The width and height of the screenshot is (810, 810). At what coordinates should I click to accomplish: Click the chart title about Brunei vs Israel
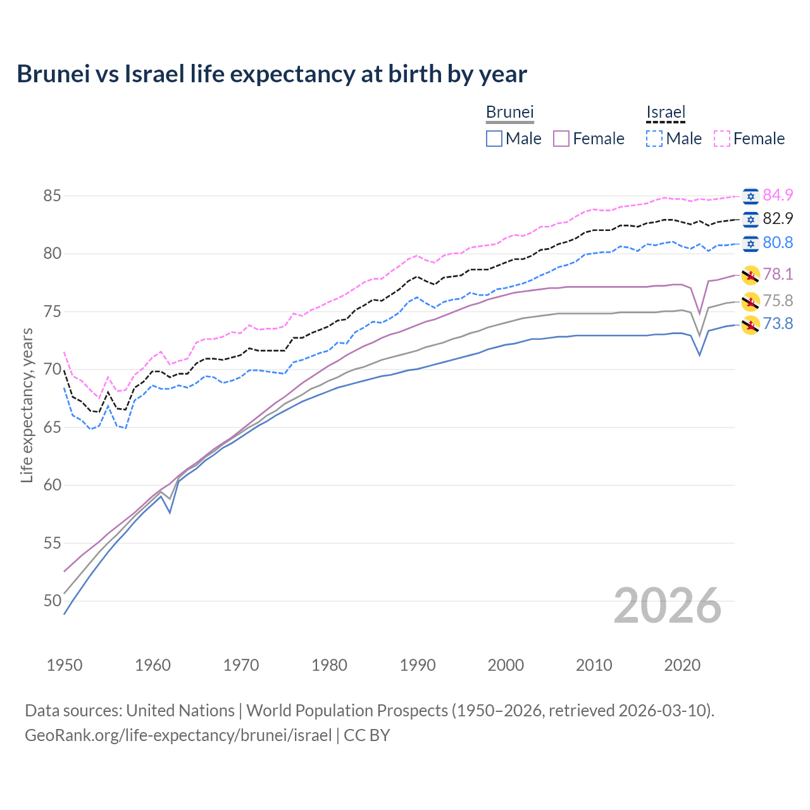click(x=271, y=74)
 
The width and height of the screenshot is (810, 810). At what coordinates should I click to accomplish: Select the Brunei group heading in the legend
click(x=509, y=112)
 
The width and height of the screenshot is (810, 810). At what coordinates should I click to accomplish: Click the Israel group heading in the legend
click(x=666, y=112)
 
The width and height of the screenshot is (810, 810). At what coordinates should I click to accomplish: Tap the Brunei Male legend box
click(x=494, y=139)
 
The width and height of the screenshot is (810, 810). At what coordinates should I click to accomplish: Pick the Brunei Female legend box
click(x=561, y=139)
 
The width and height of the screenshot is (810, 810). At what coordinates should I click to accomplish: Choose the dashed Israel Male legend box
click(x=654, y=139)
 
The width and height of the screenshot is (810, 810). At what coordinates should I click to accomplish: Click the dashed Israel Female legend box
click(x=721, y=139)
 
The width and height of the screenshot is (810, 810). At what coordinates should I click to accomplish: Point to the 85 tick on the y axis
click(x=52, y=196)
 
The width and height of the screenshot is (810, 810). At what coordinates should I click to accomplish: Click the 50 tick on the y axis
click(x=52, y=601)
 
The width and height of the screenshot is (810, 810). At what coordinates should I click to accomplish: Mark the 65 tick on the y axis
click(x=52, y=427)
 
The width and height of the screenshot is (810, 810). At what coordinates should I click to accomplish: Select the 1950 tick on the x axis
click(x=65, y=665)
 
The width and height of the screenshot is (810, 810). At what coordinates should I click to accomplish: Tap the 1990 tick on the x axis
click(x=418, y=665)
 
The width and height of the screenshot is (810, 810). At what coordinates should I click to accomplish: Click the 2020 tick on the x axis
click(x=682, y=665)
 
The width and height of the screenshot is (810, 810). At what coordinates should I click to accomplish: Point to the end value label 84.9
click(x=778, y=195)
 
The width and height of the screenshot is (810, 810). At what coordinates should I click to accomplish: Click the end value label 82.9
click(x=778, y=219)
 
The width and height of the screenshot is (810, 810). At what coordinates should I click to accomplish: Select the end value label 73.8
click(x=778, y=324)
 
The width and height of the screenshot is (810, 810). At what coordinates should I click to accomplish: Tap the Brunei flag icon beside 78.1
click(x=751, y=275)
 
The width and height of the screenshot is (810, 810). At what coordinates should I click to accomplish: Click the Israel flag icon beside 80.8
click(x=751, y=244)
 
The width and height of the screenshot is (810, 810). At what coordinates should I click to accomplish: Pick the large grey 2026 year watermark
click(x=667, y=606)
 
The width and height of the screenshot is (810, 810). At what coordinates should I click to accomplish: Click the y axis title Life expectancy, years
click(x=27, y=405)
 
